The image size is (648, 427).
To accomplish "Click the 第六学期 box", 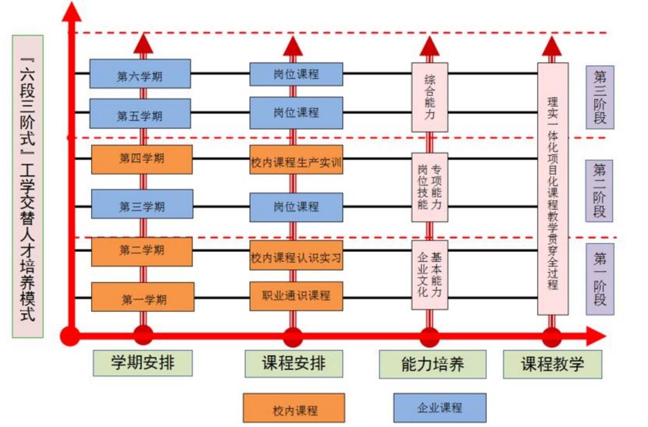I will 140,74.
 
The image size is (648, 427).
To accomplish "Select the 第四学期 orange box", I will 142,159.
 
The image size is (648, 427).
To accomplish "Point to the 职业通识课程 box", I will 296,296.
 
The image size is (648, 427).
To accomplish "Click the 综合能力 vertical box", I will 430,97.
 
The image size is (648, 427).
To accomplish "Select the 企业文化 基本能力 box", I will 430,275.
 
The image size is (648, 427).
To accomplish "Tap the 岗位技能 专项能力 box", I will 430,187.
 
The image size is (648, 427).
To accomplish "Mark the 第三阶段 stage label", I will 600,97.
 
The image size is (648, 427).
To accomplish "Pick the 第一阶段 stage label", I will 600,279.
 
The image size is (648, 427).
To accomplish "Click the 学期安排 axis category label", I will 142,363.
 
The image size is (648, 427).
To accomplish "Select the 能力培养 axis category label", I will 433,364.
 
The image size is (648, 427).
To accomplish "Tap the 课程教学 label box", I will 552,364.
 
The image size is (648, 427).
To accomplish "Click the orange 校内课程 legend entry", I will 294,408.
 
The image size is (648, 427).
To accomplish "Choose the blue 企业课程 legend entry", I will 440,407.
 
